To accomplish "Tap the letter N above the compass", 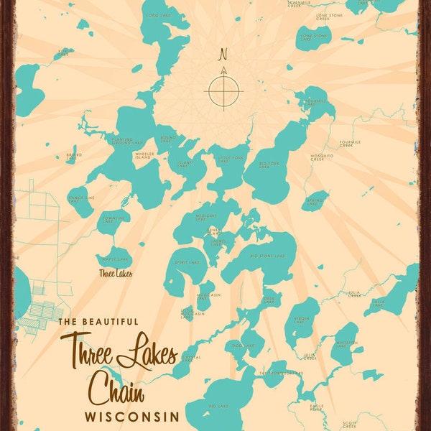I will click(223, 54).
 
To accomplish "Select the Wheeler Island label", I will click(144, 155).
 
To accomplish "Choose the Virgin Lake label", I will click(301, 321).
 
